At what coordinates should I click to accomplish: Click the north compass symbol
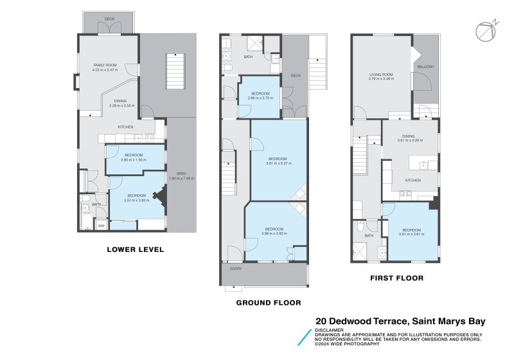[486, 31]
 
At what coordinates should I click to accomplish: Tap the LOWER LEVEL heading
[135, 249]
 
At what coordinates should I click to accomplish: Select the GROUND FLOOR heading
[268, 302]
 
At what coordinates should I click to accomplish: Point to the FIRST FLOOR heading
[396, 278]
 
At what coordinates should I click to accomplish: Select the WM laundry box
[101, 226]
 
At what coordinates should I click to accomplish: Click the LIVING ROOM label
[380, 75]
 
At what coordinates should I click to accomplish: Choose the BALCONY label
[425, 67]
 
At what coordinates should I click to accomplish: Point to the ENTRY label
[234, 269]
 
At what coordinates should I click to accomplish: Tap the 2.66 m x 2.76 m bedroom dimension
[260, 98]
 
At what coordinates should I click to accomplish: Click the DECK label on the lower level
[109, 19]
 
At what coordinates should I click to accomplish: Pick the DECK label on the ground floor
[295, 76]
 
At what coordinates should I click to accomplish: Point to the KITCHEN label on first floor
[412, 180]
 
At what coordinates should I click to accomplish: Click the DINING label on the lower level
[120, 101]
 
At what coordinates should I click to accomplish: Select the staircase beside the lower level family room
[175, 71]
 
